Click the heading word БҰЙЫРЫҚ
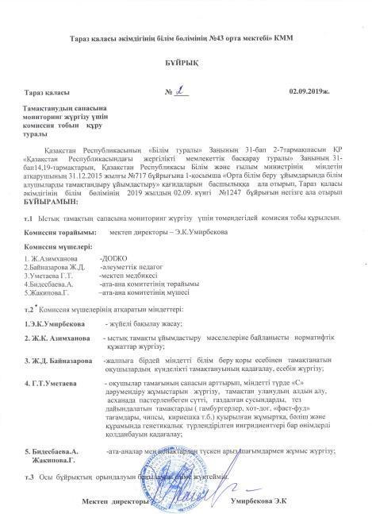[185, 60]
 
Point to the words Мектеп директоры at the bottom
[114, 503]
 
